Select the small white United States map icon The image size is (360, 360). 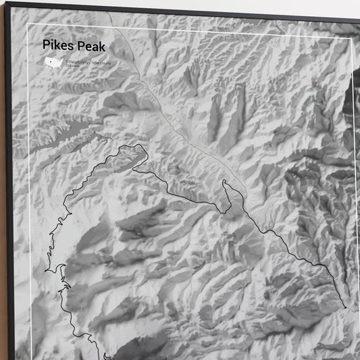click(51, 63)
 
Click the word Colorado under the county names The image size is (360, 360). click(72, 68)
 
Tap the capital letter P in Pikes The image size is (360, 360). click(46, 45)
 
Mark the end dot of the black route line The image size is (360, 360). click(345, 308)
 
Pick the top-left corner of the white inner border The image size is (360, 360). click(28, 25)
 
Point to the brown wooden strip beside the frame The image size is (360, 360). click(3, 203)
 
